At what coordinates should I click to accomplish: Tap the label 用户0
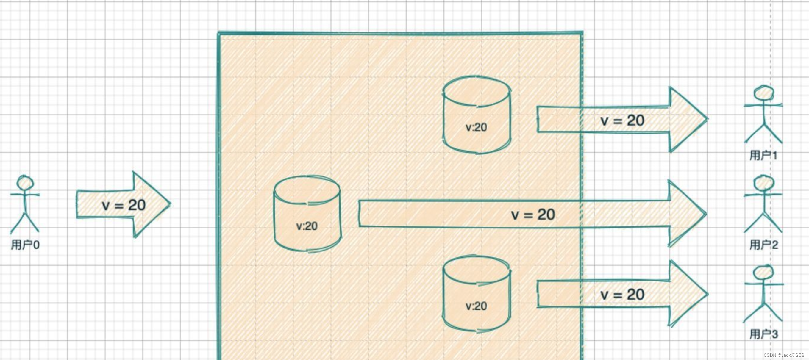pyautogui.click(x=25, y=245)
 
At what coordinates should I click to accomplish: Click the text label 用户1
pyautogui.click(x=763, y=155)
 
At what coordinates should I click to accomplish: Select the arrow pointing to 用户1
pyautogui.click(x=622, y=120)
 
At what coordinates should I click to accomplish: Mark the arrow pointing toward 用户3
pyautogui.click(x=622, y=294)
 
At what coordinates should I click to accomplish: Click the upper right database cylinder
pyautogui.click(x=477, y=115)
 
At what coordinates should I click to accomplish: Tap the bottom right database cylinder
pyautogui.click(x=477, y=294)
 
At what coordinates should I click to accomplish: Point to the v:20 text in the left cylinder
pyautogui.click(x=307, y=226)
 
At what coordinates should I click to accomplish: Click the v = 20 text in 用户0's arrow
pyautogui.click(x=124, y=205)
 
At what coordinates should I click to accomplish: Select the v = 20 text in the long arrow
pyautogui.click(x=533, y=215)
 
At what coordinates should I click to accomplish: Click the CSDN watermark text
pyautogui.click(x=784, y=355)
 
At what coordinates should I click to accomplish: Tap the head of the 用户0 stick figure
pyautogui.click(x=25, y=182)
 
